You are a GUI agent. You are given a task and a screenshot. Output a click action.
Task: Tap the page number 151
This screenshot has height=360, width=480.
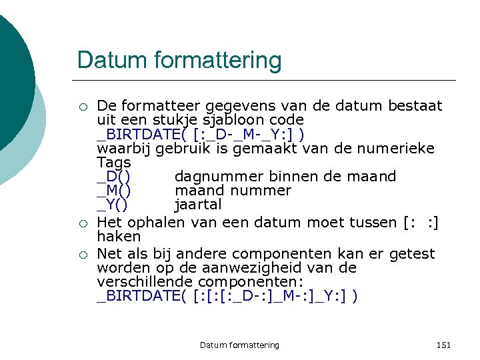[443, 345]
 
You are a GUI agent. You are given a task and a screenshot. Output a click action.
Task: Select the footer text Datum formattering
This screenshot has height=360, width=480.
[239, 345]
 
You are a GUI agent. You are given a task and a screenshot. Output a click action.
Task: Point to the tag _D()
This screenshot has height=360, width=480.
[113, 177]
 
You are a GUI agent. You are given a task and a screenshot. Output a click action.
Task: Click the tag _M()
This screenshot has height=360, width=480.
[115, 191]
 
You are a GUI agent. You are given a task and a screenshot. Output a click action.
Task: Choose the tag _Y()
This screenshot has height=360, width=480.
[113, 205]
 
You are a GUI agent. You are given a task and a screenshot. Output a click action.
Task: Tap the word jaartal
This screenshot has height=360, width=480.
[198, 205]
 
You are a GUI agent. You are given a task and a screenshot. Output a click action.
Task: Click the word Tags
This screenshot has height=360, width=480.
[114, 163]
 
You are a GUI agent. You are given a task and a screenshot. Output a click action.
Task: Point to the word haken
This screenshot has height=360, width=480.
[119, 237]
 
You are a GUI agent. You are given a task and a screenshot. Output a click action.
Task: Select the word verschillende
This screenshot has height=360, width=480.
[143, 282]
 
